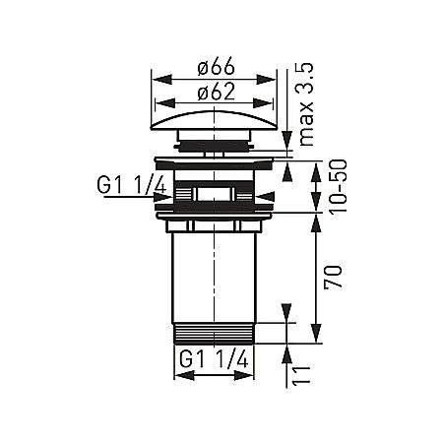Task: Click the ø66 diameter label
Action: pyautogui.click(x=217, y=67)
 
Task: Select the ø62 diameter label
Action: pyautogui.click(x=217, y=92)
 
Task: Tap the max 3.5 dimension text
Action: pyautogui.click(x=306, y=104)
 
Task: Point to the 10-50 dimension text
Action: pyautogui.click(x=339, y=187)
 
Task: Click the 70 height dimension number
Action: pyautogui.click(x=333, y=276)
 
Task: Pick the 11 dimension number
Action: pyautogui.click(x=301, y=375)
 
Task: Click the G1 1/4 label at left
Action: pyautogui.click(x=132, y=185)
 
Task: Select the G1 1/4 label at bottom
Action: pyautogui.click(x=214, y=359)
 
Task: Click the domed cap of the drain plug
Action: pyautogui.click(x=214, y=120)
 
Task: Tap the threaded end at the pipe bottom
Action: pyautogui.click(x=214, y=334)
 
